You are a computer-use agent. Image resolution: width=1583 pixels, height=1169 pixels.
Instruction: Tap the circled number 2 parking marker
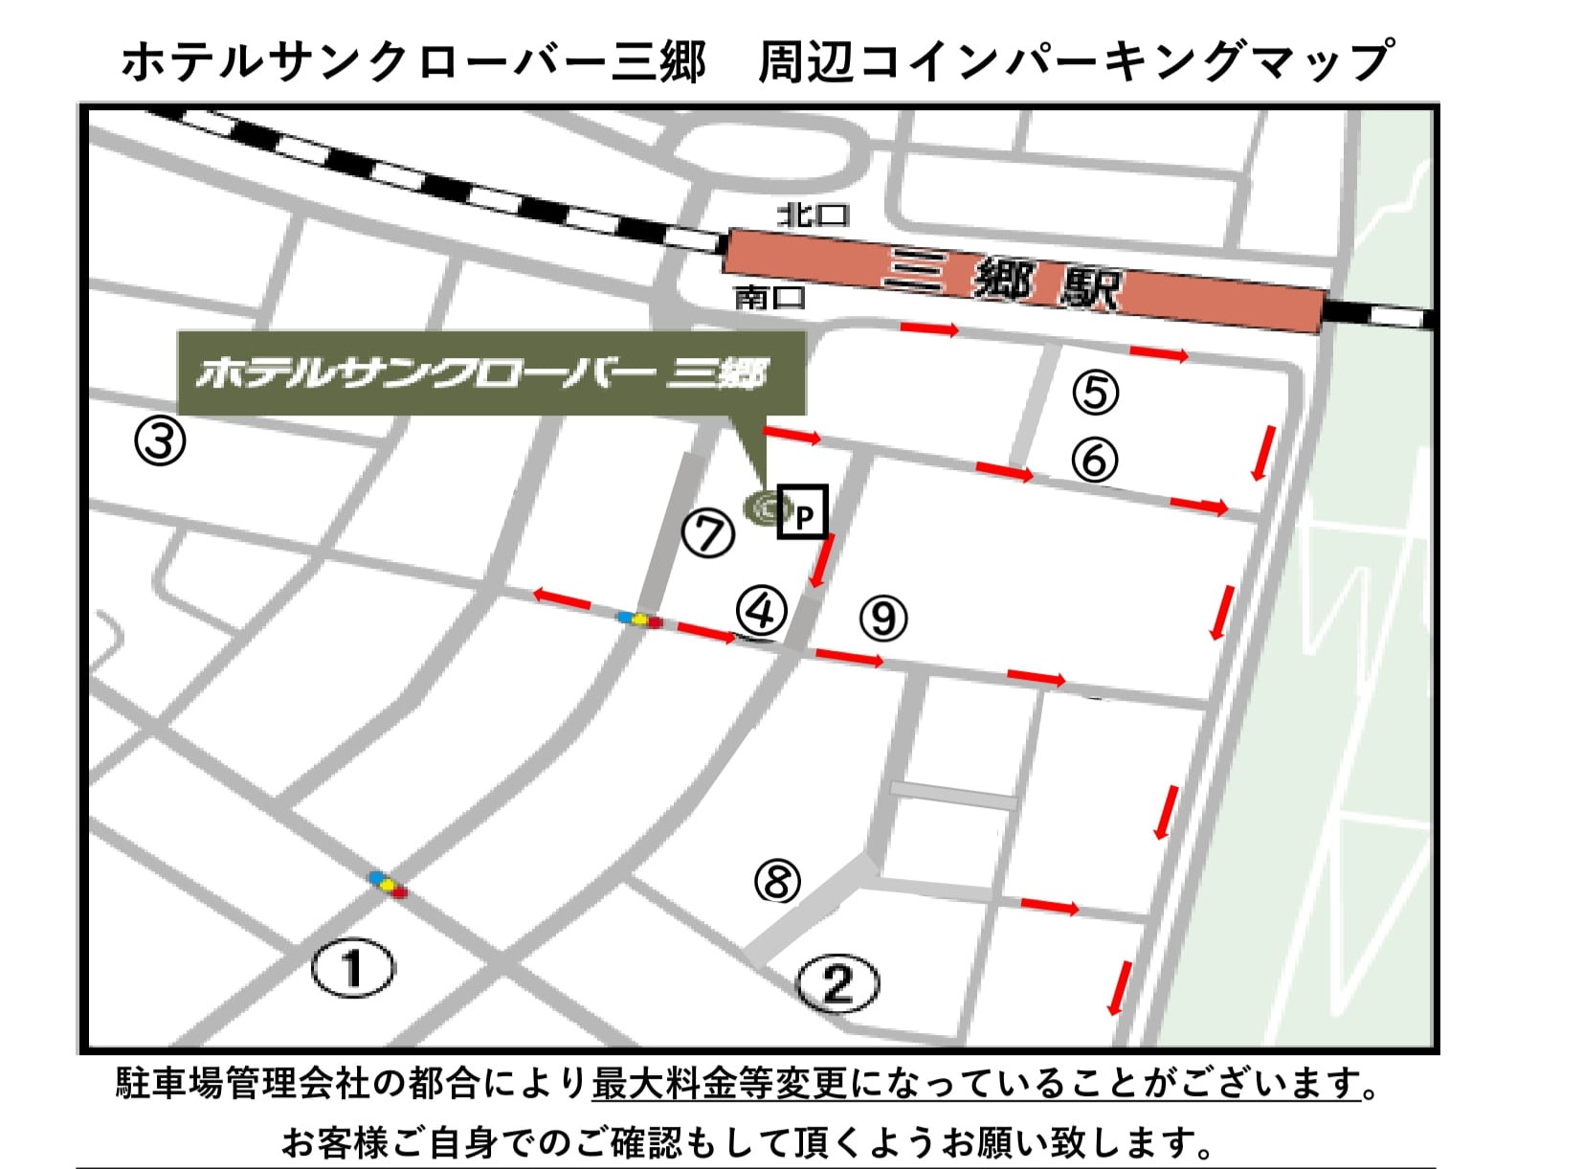pyautogui.click(x=837, y=982)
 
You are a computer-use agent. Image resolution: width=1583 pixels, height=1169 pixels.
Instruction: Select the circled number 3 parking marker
pyautogui.click(x=160, y=441)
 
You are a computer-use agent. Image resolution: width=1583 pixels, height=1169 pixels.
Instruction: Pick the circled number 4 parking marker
pyautogui.click(x=761, y=610)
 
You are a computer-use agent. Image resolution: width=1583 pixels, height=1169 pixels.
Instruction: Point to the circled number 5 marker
pyautogui.click(x=1095, y=392)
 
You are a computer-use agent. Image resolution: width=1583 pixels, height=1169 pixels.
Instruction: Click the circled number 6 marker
pyautogui.click(x=1094, y=460)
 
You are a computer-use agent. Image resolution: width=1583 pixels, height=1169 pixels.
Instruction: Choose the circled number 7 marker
pyautogui.click(x=708, y=533)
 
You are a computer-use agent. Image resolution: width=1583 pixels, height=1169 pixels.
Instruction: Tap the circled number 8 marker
pyautogui.click(x=777, y=880)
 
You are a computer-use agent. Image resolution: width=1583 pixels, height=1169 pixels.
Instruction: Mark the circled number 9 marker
pyautogui.click(x=882, y=618)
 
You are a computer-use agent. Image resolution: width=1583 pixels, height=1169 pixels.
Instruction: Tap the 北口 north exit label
pyautogui.click(x=813, y=214)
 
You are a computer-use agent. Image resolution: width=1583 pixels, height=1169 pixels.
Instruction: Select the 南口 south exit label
pyautogui.click(x=769, y=298)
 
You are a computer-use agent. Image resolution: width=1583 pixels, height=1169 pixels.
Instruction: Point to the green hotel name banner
pyautogui.click(x=490, y=372)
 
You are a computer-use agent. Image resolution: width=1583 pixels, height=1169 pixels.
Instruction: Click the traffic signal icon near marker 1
pyautogui.click(x=389, y=884)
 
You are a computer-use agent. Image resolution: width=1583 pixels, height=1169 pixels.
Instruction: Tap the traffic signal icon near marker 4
pyautogui.click(x=639, y=619)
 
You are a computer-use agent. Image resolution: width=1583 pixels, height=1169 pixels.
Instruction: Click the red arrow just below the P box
pyautogui.click(x=821, y=561)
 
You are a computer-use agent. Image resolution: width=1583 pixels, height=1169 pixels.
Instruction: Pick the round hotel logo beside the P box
pyautogui.click(x=764, y=506)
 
